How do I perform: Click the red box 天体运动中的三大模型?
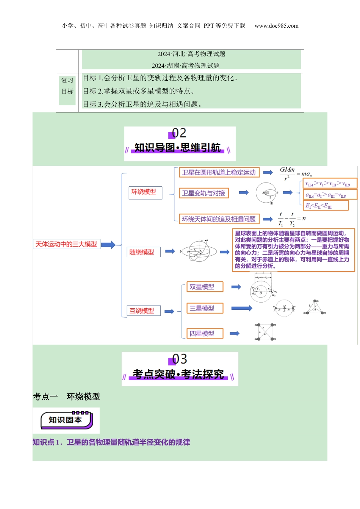tap(66, 244)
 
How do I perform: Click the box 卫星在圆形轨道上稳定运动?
tap(219, 173)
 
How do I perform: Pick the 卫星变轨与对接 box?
tap(203, 194)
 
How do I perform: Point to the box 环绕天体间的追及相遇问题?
tap(219, 219)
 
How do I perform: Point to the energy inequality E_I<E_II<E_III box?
tap(326, 206)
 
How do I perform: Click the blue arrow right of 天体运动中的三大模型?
tap(108, 245)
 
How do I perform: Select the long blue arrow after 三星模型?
tap(242, 308)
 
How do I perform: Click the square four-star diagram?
tap(265, 332)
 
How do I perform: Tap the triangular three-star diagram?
tap(315, 308)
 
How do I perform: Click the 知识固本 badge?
tap(66, 420)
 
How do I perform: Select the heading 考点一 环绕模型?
tap(66, 397)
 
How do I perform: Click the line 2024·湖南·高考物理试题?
tap(186, 66)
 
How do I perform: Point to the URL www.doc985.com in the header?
tap(276, 26)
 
